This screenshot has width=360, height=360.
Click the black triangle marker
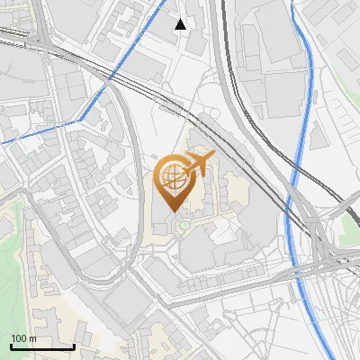[x=181, y=23]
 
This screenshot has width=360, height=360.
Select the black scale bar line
[x=41, y=346]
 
